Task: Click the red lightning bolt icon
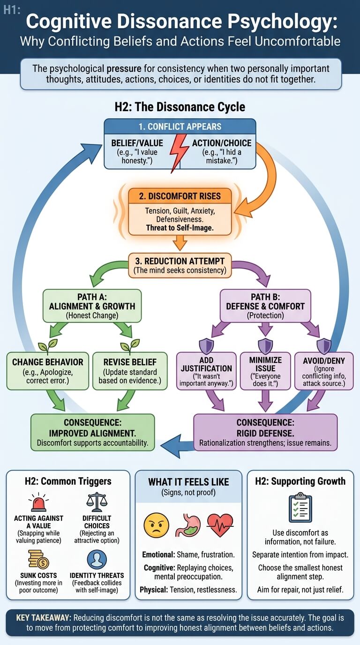[178, 153]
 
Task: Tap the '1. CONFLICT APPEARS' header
[180, 127]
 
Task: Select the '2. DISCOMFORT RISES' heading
[180, 196]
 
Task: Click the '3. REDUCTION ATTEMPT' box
[180, 265]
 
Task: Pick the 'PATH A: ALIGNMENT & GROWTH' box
[92, 306]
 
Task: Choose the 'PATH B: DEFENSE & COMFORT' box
[265, 306]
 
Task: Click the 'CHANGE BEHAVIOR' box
[47, 371]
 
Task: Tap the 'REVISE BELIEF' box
[130, 371]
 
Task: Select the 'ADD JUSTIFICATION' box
[206, 371]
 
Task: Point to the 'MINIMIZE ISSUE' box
[265, 371]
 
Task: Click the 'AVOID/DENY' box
[324, 371]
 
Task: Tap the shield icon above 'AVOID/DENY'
[324, 346]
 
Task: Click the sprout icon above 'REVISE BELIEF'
[130, 345]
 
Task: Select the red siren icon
[38, 502]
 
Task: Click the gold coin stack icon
[38, 559]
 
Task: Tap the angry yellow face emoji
[156, 525]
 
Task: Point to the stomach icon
[188, 525]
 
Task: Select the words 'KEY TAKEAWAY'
[43, 617]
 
